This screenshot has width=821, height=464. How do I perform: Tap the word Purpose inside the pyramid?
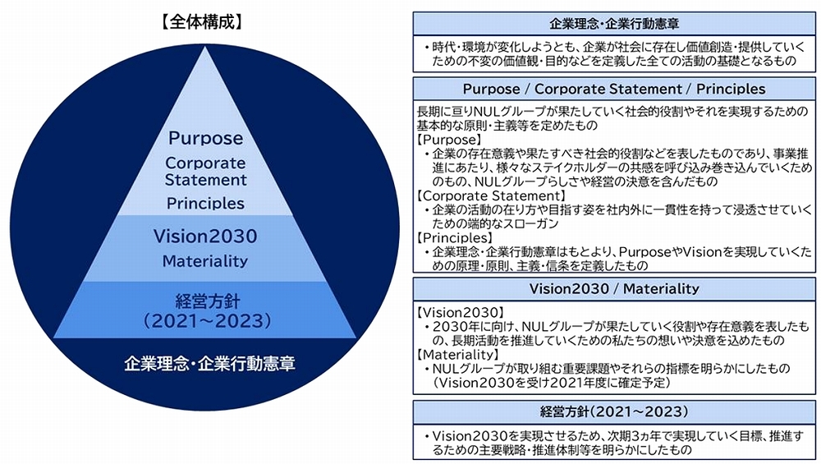[x=205, y=139]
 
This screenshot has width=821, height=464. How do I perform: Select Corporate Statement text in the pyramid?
[x=205, y=171]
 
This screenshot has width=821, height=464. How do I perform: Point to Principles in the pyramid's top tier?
[x=205, y=202]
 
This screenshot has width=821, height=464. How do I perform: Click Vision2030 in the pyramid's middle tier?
[x=205, y=237]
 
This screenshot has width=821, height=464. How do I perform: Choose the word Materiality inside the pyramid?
[x=205, y=262]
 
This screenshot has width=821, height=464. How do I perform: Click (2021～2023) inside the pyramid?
[x=205, y=320]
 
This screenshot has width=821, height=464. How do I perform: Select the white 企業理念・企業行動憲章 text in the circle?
[x=205, y=361]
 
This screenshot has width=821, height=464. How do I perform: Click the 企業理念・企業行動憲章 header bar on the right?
[x=613, y=23]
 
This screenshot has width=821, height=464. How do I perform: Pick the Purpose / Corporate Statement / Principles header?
[x=613, y=89]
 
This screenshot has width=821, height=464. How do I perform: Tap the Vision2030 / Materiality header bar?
[x=613, y=289]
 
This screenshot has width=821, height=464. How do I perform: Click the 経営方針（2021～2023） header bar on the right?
[x=613, y=411]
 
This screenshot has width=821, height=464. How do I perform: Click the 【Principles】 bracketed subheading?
[x=451, y=238]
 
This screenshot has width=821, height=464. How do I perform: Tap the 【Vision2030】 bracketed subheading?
[x=460, y=314]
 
